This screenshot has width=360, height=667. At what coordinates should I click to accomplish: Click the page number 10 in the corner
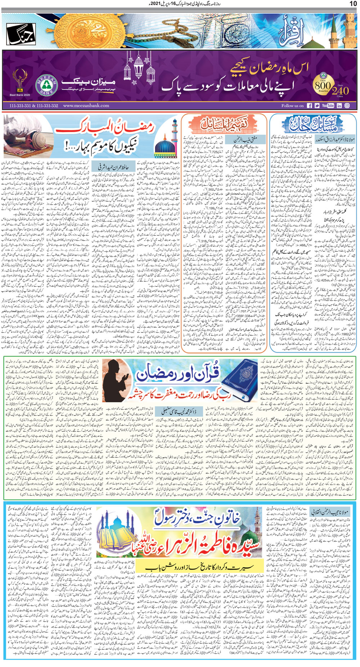353,4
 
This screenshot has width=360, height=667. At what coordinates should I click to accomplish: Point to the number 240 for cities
340,90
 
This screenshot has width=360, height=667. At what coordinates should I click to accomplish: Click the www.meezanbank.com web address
86,106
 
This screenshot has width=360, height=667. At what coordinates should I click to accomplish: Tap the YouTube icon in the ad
328,106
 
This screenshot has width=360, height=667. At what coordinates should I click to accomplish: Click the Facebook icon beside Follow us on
310,106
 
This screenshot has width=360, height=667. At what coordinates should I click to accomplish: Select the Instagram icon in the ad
347,106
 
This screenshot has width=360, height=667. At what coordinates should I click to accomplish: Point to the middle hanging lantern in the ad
139,67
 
